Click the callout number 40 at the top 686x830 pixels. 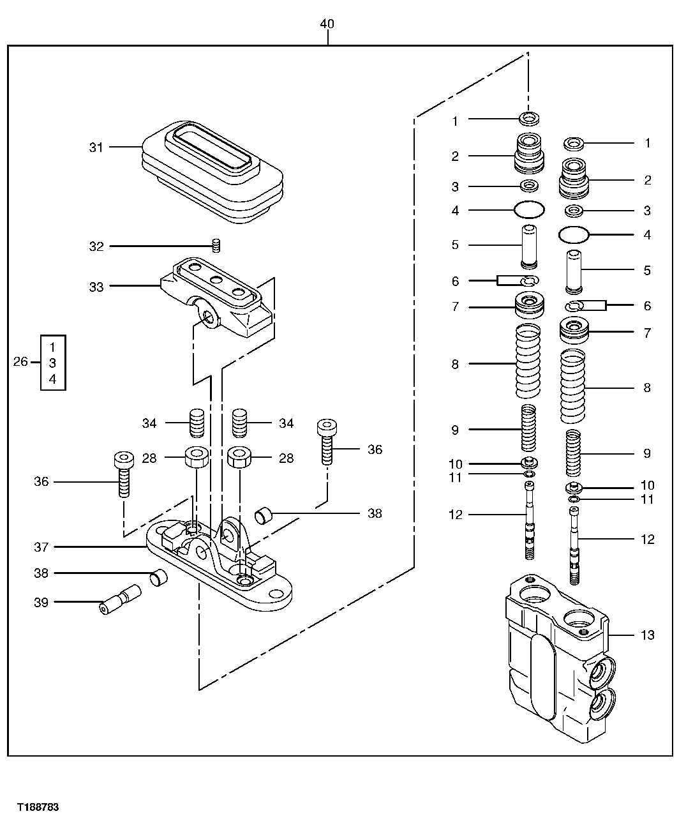click(x=327, y=24)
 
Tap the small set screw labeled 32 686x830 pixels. click(x=216, y=245)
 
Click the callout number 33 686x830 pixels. click(x=96, y=287)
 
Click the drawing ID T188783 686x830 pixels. click(x=38, y=808)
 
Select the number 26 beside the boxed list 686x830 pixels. click(x=20, y=362)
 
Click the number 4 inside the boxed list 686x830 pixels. click(x=53, y=379)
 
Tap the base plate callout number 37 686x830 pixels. click(x=41, y=547)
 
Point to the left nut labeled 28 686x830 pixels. click(x=197, y=458)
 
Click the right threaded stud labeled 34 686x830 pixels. click(x=239, y=422)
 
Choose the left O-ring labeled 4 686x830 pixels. click(x=529, y=209)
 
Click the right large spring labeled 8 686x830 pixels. click(x=572, y=387)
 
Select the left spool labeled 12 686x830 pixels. click(x=528, y=521)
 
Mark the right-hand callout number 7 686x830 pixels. click(x=647, y=333)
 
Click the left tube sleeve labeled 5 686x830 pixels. click(x=529, y=246)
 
